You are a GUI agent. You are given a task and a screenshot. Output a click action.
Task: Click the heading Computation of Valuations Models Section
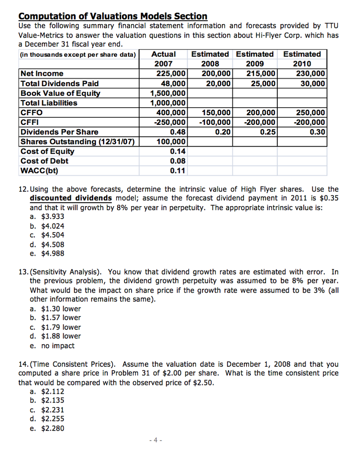click(113, 16)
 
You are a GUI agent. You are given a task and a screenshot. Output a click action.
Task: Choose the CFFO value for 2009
click(261, 113)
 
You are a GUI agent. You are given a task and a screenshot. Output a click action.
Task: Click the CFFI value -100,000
click(215, 122)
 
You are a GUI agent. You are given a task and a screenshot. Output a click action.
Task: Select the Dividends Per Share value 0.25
click(268, 132)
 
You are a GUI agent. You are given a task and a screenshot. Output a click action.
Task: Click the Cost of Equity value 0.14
click(178, 151)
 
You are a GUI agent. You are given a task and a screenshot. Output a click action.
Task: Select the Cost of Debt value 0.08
click(178, 161)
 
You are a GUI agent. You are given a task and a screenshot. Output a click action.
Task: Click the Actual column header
click(163, 54)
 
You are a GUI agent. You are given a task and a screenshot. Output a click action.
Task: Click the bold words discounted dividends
click(71, 198)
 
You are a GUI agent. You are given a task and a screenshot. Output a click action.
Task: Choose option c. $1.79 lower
click(55, 327)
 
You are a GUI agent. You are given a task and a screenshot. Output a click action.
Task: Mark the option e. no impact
click(52, 346)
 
